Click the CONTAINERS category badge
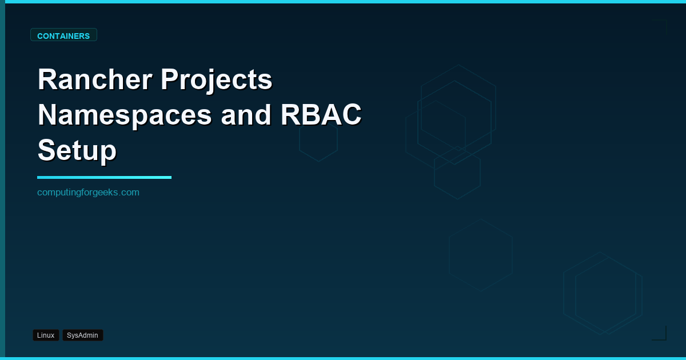pos(63,35)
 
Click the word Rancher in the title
pos(95,79)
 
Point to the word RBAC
pos(321,115)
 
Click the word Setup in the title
pos(77,150)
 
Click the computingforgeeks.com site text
pos(88,193)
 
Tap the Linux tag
pos(46,335)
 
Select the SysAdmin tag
pos(82,335)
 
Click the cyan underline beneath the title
pos(104,177)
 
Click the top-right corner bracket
pos(661,26)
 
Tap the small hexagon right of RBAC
pos(318,141)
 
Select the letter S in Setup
pos(47,150)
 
